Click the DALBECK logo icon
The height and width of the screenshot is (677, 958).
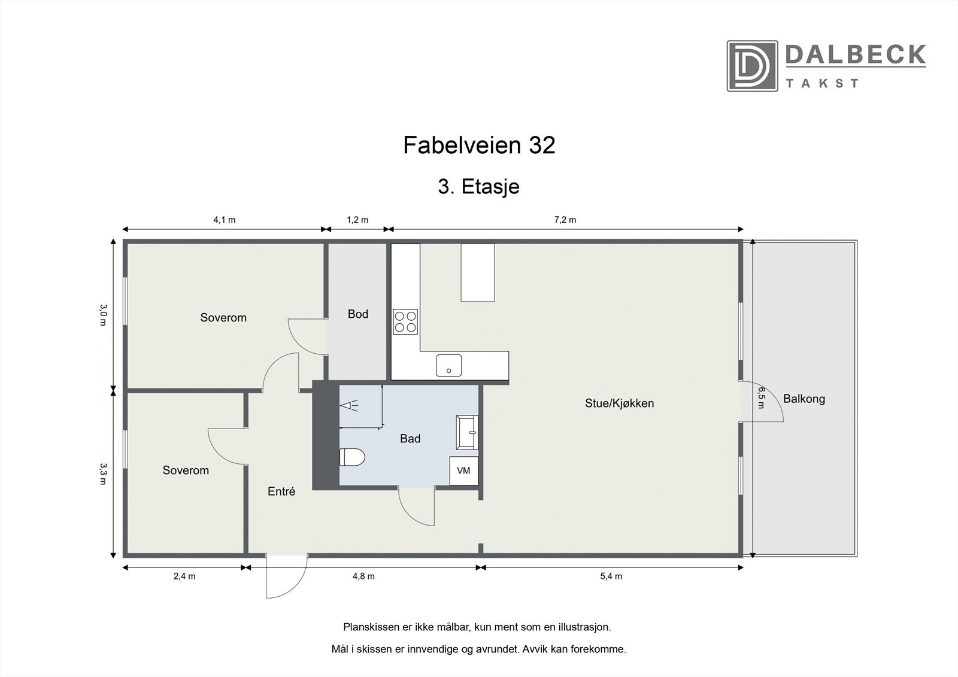pos(752,66)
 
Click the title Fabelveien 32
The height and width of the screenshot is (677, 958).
pos(479,145)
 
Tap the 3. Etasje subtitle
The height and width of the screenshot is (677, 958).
pos(478,187)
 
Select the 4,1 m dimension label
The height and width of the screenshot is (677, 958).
pos(225,220)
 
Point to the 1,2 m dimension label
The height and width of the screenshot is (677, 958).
pos(357,220)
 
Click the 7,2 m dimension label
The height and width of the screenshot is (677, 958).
pos(565,220)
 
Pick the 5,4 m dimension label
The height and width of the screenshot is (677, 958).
pos(611,576)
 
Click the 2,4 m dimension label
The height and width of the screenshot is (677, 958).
pos(184,576)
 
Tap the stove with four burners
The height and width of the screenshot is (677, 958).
pos(405,321)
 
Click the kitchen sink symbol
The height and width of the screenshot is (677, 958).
pos(448,365)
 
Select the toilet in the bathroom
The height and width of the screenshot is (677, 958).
pos(352,457)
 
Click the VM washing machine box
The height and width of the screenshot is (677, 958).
pos(464,470)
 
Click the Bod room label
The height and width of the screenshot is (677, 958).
pos(358,314)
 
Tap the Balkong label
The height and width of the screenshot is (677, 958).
pos(804,399)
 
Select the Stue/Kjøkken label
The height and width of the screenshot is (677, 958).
pos(619,403)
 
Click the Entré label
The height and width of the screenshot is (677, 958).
pos(281,491)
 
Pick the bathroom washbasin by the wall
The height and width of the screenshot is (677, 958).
pos(468,432)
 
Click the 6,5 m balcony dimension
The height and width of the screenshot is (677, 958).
pos(761,397)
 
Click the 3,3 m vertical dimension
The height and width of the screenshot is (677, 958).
pos(103,473)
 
